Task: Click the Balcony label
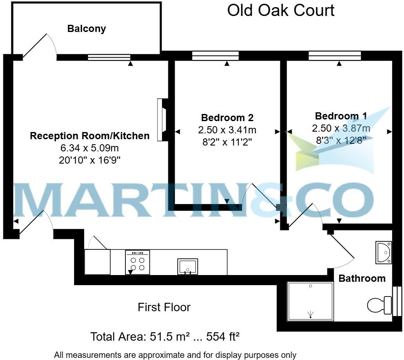tap(87, 29)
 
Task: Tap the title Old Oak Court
tap(281, 10)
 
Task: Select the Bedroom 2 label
tap(227, 118)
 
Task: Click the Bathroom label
tap(362, 278)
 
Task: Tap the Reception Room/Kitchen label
tap(89, 136)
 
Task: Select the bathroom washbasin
tap(383, 252)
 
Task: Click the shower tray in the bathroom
tap(311, 301)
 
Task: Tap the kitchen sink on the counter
tap(187, 266)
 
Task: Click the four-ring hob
tap(137, 262)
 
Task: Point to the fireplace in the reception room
tap(162, 120)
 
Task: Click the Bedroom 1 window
tap(335, 56)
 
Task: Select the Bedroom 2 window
tap(215, 56)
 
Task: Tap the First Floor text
tap(164, 307)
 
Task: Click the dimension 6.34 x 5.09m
tap(89, 148)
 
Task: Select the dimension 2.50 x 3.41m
tap(227, 130)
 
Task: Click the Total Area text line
tap(165, 337)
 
